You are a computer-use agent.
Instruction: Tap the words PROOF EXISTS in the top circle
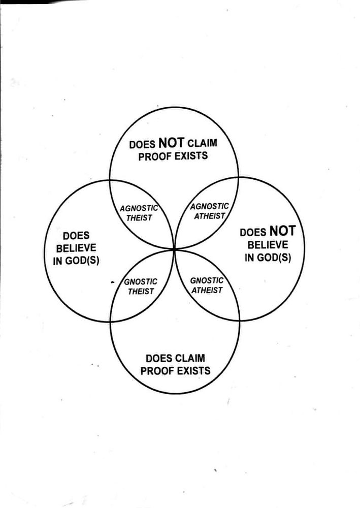coord(173,155)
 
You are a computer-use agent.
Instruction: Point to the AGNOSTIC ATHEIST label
coord(209,211)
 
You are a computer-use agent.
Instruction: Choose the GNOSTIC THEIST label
coord(141,287)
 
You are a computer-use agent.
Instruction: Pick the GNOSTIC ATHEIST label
coord(207,285)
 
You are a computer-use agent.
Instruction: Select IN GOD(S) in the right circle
coord(268,257)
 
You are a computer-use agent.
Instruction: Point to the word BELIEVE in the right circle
coord(268,245)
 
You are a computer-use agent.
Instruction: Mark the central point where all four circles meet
coord(174,248)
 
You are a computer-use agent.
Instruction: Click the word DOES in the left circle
coord(76,236)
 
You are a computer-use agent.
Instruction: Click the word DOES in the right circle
coord(252,233)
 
